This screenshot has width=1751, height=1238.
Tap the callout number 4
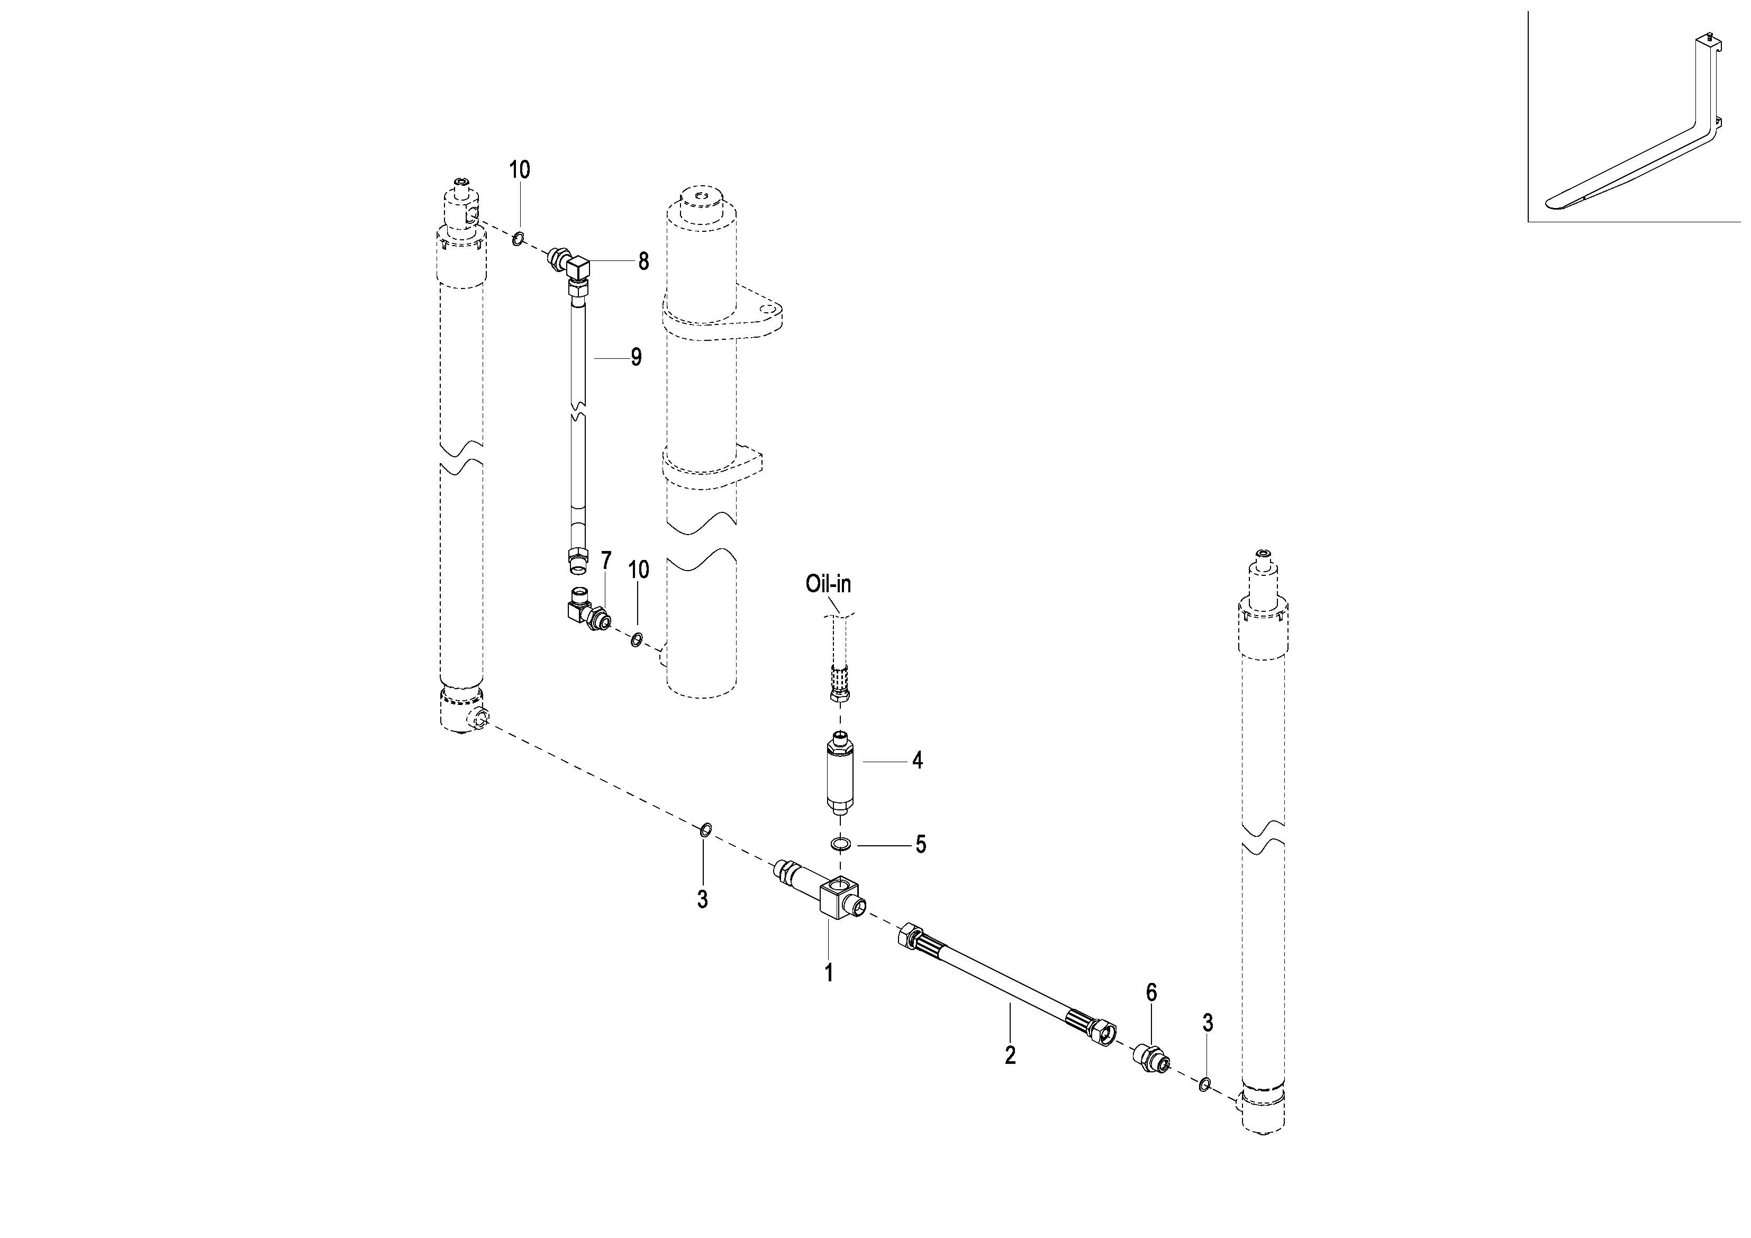click(918, 761)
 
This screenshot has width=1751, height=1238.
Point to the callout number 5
click(921, 844)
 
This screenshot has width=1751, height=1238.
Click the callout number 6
click(1151, 992)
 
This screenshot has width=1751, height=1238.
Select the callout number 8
click(643, 261)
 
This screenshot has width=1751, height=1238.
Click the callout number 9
click(636, 357)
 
